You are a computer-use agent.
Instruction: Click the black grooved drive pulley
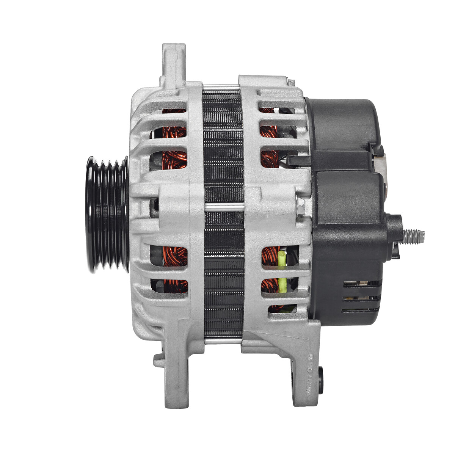click(107, 214)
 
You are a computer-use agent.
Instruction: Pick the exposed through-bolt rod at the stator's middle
click(224, 207)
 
